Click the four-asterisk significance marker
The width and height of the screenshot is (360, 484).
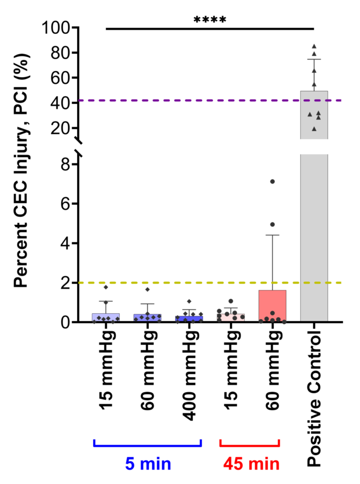coord(210,20)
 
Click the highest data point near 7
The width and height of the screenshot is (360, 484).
coord(272,181)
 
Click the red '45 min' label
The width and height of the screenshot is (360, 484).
coord(249,464)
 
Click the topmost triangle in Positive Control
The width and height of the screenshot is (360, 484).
coord(314,46)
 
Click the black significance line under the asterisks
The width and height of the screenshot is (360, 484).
coord(210,29)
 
